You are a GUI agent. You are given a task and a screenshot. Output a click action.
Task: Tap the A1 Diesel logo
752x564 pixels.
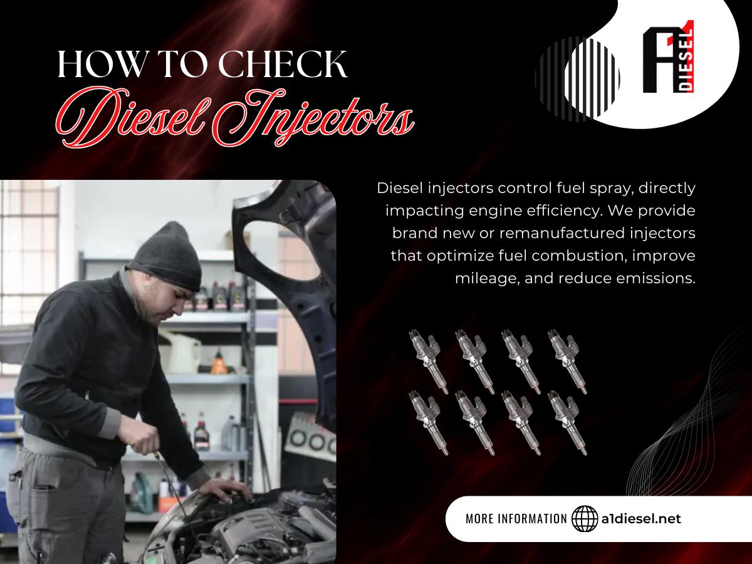pos(668,57)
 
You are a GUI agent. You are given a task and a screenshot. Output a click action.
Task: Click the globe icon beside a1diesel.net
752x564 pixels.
pos(585,519)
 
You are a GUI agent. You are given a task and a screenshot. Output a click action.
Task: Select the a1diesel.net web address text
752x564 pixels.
pos(641,519)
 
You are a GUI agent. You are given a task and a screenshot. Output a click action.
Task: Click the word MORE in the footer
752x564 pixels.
pos(479,519)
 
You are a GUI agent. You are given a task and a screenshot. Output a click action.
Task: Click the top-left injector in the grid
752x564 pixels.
pos(429,362)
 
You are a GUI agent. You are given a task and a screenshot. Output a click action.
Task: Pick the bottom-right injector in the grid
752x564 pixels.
pos(567,423)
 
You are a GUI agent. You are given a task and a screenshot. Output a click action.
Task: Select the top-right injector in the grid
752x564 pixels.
pos(567,362)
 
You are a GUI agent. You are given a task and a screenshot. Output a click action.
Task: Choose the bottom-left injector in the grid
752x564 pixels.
pos(429,423)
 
